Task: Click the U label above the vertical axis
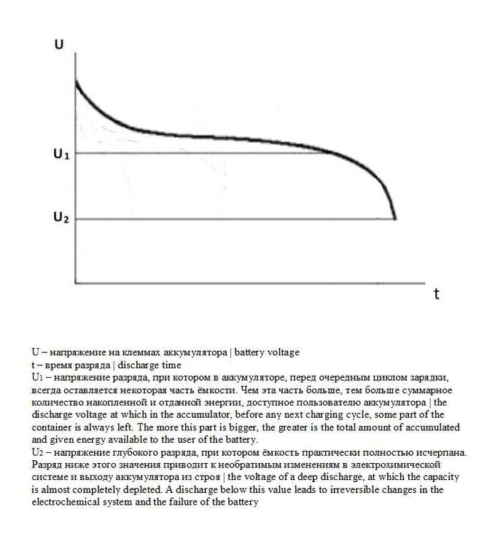coord(59,44)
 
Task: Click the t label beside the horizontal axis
coord(436,294)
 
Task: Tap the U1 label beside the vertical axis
coord(60,154)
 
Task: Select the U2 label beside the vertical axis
coord(60,217)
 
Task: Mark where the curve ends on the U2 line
coord(395,218)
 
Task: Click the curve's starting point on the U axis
coord(75,79)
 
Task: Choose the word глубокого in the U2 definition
coord(125,452)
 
